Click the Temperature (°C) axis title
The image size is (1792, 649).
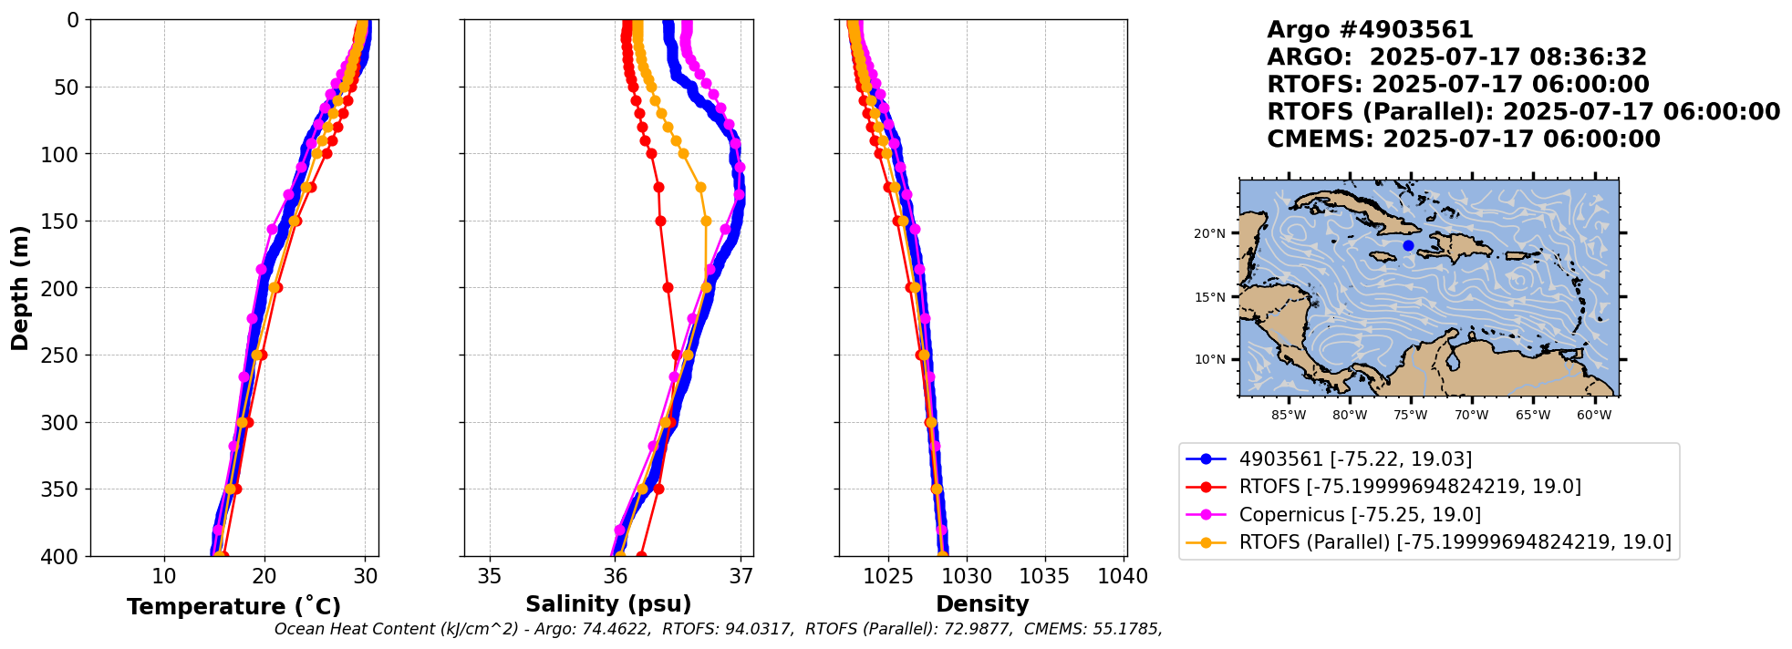click(233, 606)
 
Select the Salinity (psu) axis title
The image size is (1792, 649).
click(608, 603)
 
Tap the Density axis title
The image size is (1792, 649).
click(982, 603)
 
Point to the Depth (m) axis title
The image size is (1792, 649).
click(20, 288)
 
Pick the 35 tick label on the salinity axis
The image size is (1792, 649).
click(490, 576)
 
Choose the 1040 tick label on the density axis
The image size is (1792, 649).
click(1123, 576)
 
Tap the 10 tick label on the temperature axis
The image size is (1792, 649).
click(164, 576)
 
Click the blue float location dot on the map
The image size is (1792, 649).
click(1408, 245)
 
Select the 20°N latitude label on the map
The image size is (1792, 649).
click(1209, 233)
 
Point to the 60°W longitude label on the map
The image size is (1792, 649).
click(1594, 415)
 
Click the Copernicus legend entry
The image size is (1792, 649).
click(1360, 514)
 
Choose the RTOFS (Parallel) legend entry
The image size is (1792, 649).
click(1455, 542)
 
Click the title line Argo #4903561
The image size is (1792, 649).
click(1370, 30)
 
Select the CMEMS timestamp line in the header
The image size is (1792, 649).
click(1463, 139)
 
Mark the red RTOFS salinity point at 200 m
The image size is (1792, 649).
click(668, 288)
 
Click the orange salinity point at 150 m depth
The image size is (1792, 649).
click(706, 221)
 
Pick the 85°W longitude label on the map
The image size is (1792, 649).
click(1289, 415)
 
